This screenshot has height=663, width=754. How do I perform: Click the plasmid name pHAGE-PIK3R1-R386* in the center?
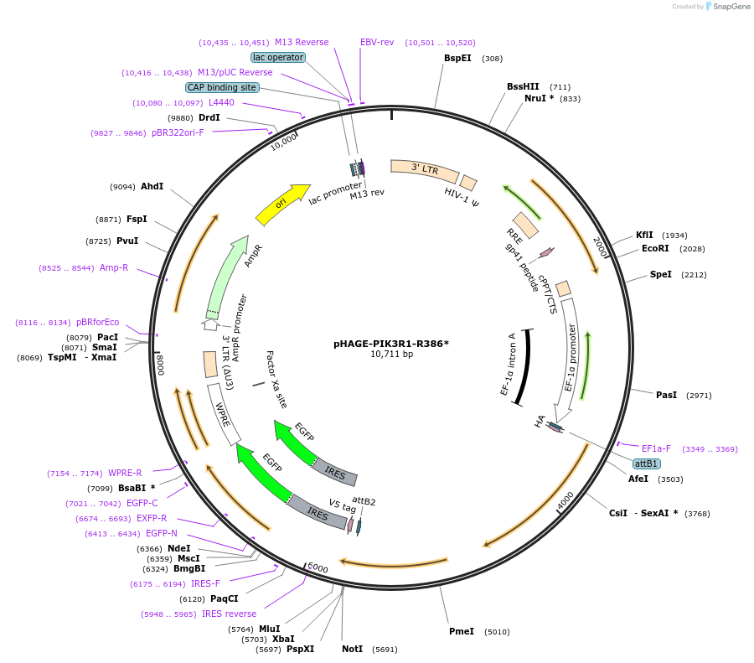point(391,343)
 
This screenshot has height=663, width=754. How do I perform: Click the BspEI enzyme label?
point(457,58)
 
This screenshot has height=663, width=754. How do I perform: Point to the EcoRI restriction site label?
point(655,248)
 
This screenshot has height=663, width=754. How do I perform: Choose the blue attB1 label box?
point(646,464)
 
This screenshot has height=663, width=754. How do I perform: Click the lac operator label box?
point(278,57)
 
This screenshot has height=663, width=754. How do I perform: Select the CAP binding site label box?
point(222,87)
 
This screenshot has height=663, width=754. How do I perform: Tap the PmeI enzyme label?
point(462,631)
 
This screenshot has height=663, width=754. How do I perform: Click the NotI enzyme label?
point(352,649)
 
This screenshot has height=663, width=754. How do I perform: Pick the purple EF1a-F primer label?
point(656,448)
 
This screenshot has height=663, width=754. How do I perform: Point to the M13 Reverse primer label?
point(302,42)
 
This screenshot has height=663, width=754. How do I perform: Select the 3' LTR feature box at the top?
point(425,170)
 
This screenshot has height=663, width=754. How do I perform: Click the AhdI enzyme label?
point(152,186)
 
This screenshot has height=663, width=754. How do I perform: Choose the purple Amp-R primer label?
point(114,267)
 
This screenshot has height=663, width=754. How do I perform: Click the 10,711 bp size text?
point(391,354)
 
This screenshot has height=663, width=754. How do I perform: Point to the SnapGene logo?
point(726,7)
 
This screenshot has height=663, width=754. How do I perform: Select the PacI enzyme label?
point(108,337)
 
